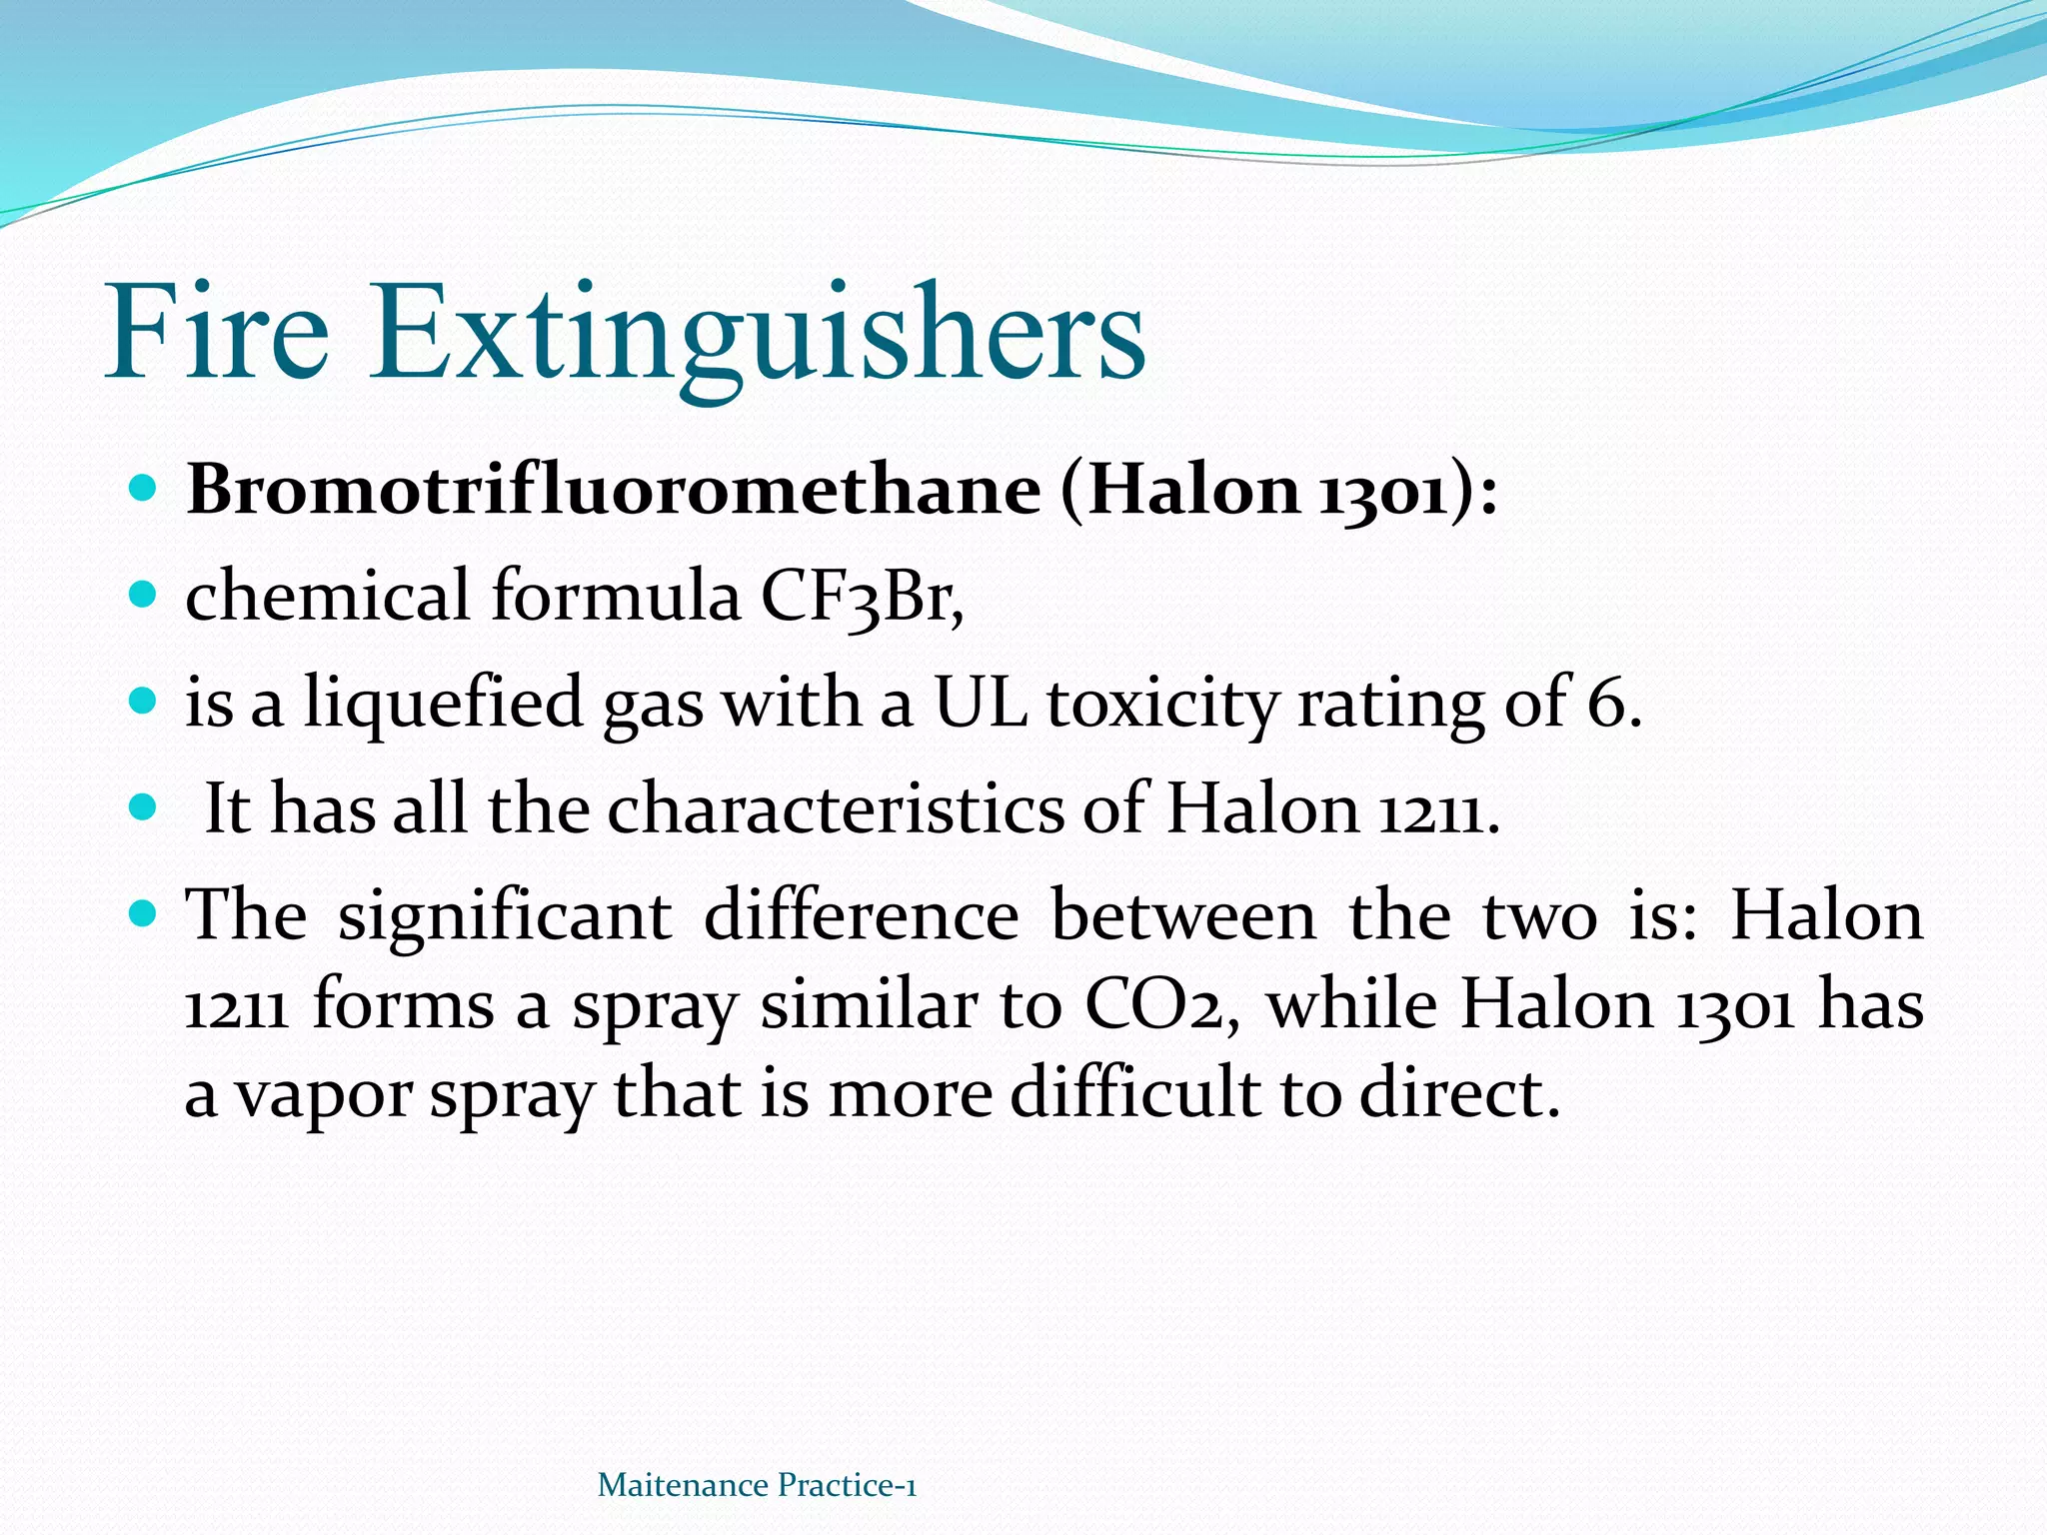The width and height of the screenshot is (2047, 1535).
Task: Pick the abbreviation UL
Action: [980, 702]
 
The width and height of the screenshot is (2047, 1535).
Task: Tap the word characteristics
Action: [836, 808]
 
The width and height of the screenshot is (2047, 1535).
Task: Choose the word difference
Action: [861, 914]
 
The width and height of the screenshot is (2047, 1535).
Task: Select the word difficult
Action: [1134, 1092]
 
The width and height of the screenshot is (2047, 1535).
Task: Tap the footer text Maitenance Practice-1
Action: [757, 1485]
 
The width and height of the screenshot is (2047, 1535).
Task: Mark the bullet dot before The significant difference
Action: [144, 912]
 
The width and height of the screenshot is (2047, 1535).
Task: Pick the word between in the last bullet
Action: [1183, 914]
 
